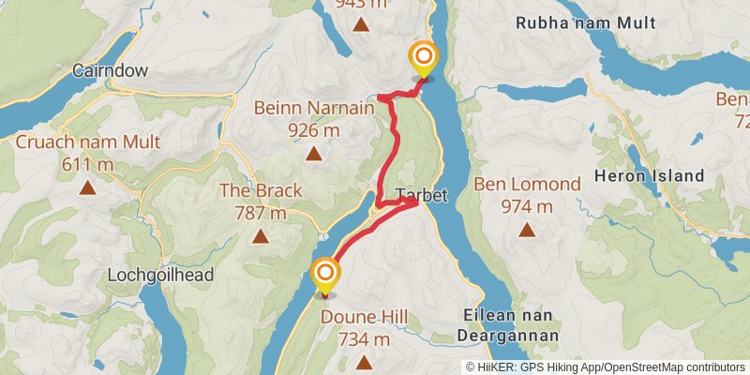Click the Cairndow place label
pyautogui.click(x=112, y=70)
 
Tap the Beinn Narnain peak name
pyautogui.click(x=313, y=108)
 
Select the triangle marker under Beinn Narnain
pyautogui.click(x=313, y=154)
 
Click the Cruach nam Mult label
pyautogui.click(x=88, y=142)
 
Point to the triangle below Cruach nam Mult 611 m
pyautogui.click(x=88, y=187)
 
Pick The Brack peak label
pyautogui.click(x=261, y=190)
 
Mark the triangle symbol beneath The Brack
pyautogui.click(x=261, y=236)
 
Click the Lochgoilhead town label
pyautogui.click(x=161, y=276)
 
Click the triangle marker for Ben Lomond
pyautogui.click(x=527, y=229)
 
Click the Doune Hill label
pyautogui.click(x=365, y=318)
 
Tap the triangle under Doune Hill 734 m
pyautogui.click(x=365, y=362)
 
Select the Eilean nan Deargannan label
pyautogui.click(x=509, y=326)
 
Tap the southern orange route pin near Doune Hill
pyautogui.click(x=325, y=276)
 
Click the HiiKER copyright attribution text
pyautogui.click(x=607, y=367)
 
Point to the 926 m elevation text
pyautogui.click(x=313, y=129)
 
